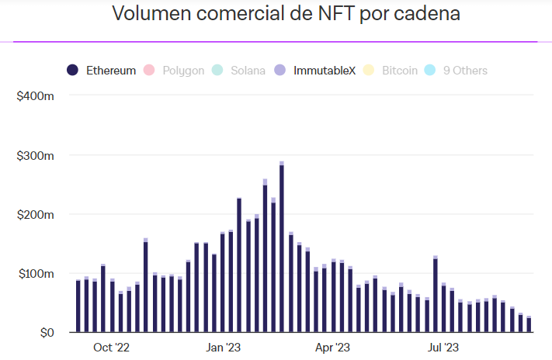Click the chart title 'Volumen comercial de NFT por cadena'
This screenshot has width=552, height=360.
click(x=275, y=14)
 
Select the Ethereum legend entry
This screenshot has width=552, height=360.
click(x=109, y=71)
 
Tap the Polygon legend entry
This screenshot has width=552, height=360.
click(x=183, y=71)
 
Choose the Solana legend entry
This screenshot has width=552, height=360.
click(x=248, y=71)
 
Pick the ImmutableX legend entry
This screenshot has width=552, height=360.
click(x=324, y=71)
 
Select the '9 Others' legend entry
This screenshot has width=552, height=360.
click(x=465, y=71)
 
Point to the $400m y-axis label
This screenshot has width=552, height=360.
click(x=36, y=95)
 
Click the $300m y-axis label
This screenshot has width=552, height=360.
click(x=36, y=155)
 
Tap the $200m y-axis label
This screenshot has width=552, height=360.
click(x=36, y=214)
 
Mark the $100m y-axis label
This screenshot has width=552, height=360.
click(x=36, y=274)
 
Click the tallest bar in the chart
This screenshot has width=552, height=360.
click(x=282, y=248)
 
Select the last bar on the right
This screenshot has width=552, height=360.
click(x=529, y=324)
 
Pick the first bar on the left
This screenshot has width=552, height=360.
click(x=78, y=306)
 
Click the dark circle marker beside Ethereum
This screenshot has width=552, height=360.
click(x=72, y=71)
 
